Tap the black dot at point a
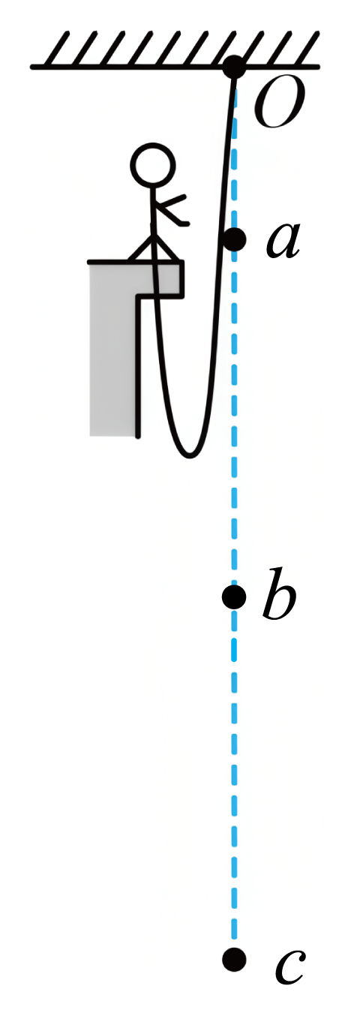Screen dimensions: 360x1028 (x=234, y=239)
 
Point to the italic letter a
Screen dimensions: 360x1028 (x=283, y=241)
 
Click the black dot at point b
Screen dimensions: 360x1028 (x=234, y=597)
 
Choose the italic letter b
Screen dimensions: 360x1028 (x=279, y=594)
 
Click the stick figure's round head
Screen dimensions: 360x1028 (x=153, y=165)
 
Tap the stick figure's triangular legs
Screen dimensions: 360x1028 (x=153, y=249)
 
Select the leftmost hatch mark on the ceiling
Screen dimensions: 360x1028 (x=59, y=48)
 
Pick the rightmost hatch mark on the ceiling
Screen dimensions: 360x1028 (x=307, y=48)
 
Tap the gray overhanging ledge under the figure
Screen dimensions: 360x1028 (x=161, y=279)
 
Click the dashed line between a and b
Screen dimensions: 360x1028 (x=234, y=418)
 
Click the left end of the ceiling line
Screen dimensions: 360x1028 (x=32, y=67)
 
